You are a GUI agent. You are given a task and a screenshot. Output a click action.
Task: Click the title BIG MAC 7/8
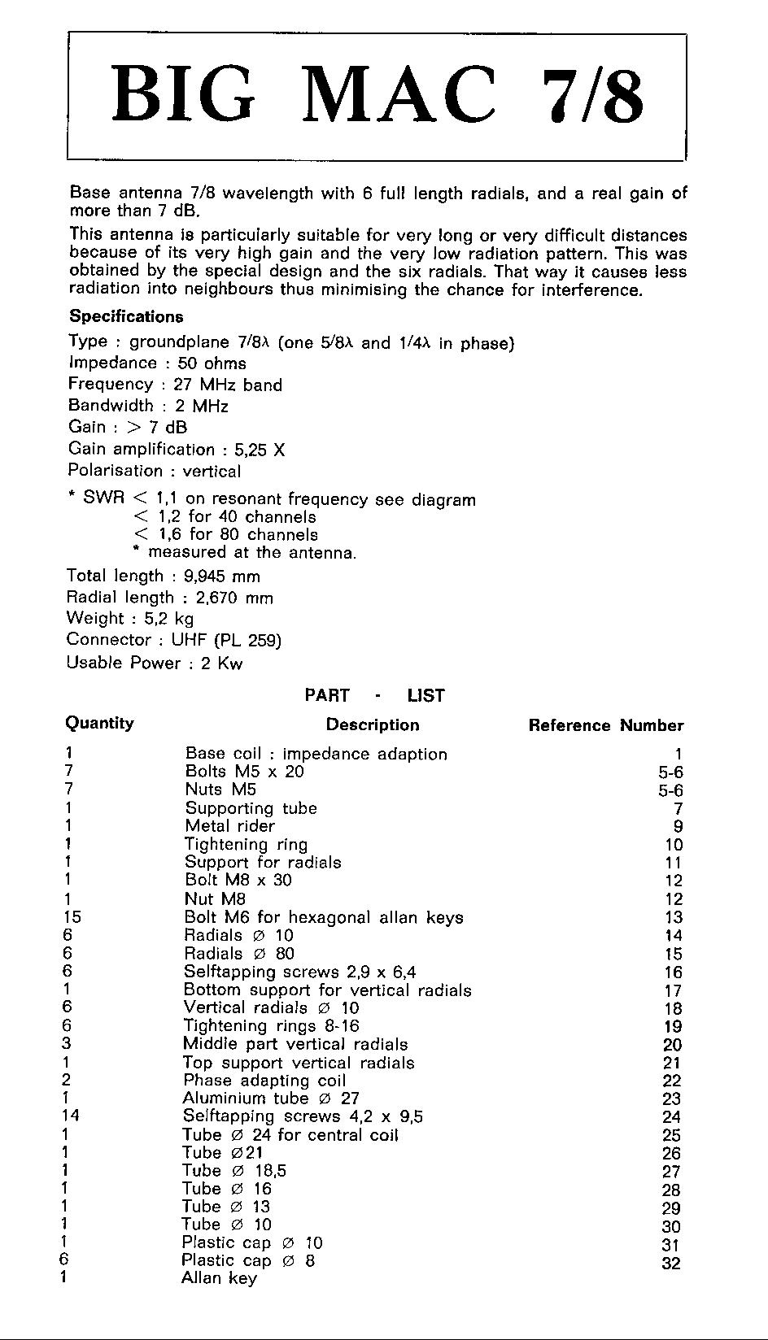tap(377, 95)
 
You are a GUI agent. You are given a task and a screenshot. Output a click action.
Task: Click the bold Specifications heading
tap(126, 316)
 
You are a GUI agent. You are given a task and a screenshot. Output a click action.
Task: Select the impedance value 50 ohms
tap(212, 363)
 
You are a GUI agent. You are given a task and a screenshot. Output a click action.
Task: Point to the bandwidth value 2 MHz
tap(201, 406)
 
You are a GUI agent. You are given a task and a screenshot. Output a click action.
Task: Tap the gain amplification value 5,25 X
tap(260, 450)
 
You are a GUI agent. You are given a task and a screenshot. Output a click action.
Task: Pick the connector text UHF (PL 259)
tap(226, 641)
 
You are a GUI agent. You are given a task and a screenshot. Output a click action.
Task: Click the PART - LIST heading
tap(374, 695)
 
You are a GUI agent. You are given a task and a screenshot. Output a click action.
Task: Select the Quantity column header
tap(99, 723)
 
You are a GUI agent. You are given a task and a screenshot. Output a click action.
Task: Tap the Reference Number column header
tap(605, 725)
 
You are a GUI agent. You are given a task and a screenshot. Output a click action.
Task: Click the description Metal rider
tap(229, 826)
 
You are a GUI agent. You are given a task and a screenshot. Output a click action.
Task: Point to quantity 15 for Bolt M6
tap(72, 917)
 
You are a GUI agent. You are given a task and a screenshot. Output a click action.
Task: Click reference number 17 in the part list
tap(673, 990)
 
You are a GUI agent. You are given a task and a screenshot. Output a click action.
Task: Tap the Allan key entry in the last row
tap(219, 1278)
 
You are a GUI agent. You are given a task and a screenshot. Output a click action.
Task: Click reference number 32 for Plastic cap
tap(671, 1264)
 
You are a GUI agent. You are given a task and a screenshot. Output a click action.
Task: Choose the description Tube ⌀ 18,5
tap(234, 1171)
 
